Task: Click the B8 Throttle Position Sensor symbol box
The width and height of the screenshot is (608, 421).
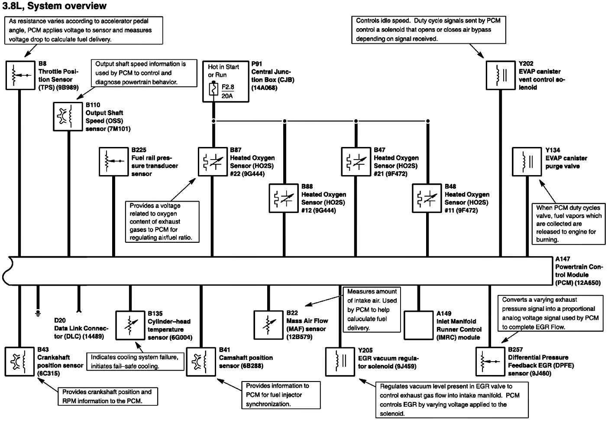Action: tap(20, 75)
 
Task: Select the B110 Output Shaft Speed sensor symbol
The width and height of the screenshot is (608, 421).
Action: tap(68, 116)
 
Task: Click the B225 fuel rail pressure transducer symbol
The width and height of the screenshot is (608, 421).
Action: tap(113, 162)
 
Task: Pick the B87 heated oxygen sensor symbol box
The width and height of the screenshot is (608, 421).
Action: tap(213, 162)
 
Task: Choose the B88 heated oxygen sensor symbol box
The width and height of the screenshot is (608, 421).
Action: tap(284, 198)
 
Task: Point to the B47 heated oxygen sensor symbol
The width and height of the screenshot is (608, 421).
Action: tap(356, 162)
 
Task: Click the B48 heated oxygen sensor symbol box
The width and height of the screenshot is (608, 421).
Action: tap(427, 198)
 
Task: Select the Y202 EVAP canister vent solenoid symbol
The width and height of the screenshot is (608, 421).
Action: tap(500, 75)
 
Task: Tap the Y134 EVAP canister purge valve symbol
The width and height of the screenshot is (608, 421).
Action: tap(527, 162)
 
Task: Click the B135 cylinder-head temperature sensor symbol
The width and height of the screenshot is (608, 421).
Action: tap(130, 325)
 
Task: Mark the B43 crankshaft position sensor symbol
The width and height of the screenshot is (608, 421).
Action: tap(20, 361)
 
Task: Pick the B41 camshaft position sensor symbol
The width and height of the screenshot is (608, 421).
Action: tap(201, 361)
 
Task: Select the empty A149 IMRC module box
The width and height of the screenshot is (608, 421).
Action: tap(418, 325)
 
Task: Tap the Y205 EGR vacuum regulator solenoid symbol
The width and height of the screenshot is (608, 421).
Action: tap(340, 361)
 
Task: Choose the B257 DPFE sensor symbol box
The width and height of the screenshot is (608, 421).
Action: tap(489, 361)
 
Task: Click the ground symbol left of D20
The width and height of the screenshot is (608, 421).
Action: tap(38, 312)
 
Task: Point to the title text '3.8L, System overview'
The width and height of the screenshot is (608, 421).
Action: tap(54, 6)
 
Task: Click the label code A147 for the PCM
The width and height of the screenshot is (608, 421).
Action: tap(563, 259)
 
